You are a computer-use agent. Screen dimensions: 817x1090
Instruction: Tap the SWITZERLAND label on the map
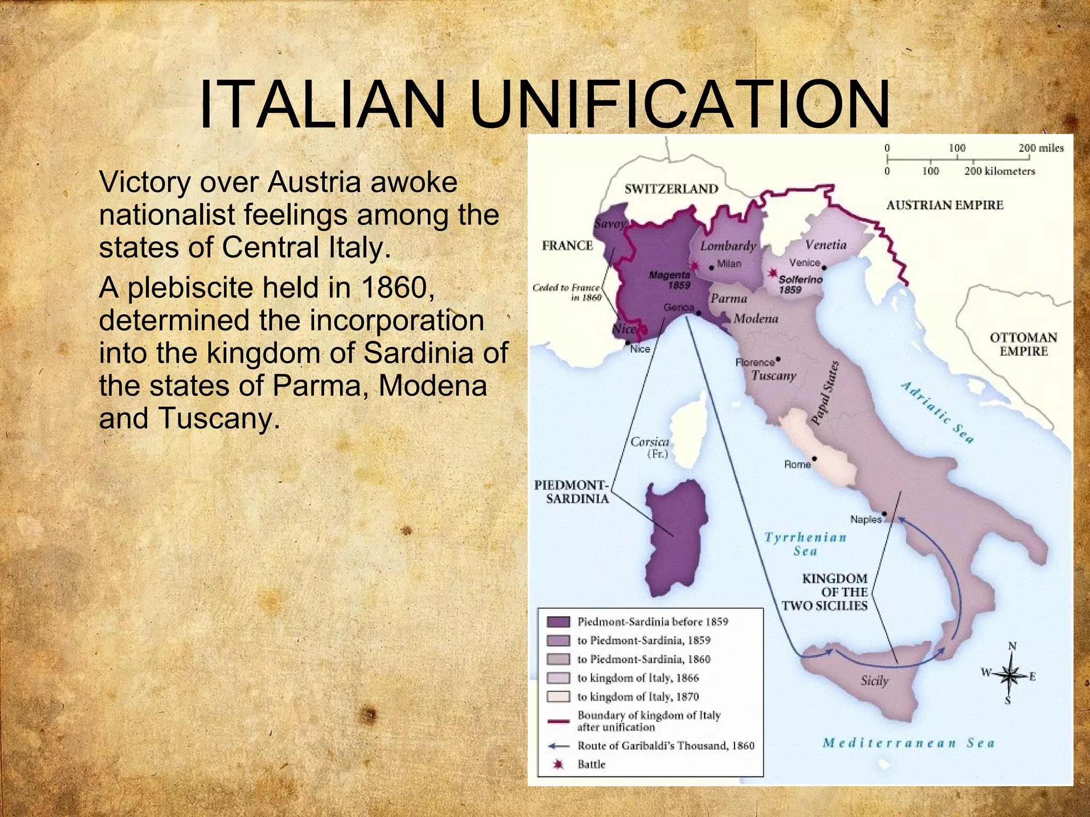tap(671, 189)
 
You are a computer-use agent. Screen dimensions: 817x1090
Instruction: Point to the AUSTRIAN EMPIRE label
tap(944, 205)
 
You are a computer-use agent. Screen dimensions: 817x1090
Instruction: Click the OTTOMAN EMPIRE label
tap(1023, 344)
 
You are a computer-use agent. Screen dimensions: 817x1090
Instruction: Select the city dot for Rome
tap(814, 458)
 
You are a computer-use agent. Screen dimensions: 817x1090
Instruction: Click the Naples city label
tap(865, 519)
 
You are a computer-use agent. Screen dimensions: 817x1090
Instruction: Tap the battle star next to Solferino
tap(772, 273)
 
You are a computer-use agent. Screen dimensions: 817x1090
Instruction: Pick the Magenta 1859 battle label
tap(670, 280)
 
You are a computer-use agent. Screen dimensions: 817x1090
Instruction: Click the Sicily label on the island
tap(874, 680)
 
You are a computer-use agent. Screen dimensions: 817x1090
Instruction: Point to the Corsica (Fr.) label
tap(650, 447)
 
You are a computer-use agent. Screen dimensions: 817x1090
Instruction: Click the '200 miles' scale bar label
tap(1041, 148)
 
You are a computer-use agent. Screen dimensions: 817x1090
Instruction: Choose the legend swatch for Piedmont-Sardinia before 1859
tap(558, 622)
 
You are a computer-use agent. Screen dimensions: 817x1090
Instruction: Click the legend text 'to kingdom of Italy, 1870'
tap(638, 696)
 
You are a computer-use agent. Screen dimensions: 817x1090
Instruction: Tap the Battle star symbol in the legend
tap(558, 764)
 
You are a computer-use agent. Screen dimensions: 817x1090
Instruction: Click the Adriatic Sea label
tap(937, 412)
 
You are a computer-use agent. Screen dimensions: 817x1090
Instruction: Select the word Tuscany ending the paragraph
tap(219, 419)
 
